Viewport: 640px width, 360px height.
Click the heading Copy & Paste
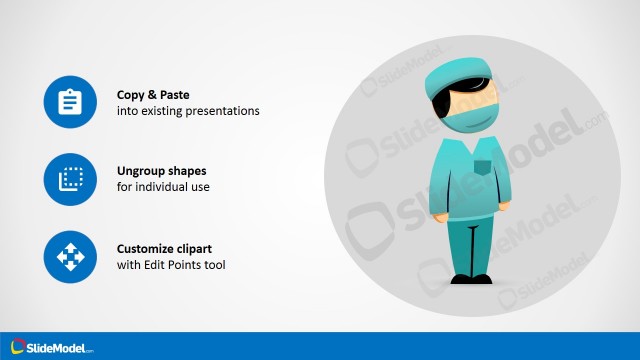click(153, 94)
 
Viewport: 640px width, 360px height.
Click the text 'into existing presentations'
click(188, 111)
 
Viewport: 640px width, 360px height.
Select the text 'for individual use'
click(163, 188)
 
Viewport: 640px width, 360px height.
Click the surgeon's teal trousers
click(471, 245)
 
